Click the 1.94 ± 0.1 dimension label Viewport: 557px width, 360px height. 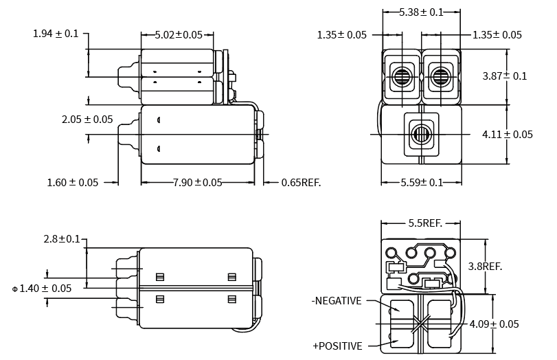coord(56,34)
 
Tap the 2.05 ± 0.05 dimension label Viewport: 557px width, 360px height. coord(87,120)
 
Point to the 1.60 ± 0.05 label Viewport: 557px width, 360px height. coord(73,183)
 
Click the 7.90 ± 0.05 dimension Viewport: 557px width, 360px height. coord(198,183)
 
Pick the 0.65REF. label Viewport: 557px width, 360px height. coord(301,183)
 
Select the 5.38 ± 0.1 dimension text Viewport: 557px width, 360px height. coord(421,12)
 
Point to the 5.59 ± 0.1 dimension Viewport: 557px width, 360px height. coord(421,183)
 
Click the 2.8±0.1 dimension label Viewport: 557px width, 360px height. coord(62,239)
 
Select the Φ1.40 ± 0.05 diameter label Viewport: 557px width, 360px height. coord(42,289)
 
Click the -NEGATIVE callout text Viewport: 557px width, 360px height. coord(336,300)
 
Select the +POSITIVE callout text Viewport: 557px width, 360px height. coord(337,346)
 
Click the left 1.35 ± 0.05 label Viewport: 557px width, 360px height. coord(342,35)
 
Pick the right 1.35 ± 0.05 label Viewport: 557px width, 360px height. coord(497,35)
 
